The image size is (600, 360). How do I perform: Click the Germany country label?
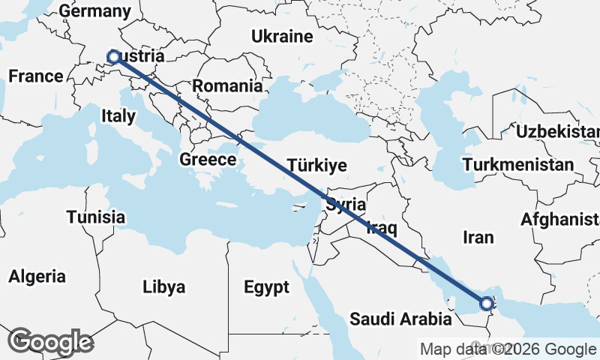94,11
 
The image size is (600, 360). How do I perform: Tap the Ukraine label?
281,36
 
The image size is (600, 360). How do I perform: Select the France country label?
35,76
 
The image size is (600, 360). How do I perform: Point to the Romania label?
228,85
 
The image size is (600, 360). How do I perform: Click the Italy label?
118,115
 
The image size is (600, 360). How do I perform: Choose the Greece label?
208,159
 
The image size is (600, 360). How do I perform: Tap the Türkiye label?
317,166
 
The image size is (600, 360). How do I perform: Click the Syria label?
345,204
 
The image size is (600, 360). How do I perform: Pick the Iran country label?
478,238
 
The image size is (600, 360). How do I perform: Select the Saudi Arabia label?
400,319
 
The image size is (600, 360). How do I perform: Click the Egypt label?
266,287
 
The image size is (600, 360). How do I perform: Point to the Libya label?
163,287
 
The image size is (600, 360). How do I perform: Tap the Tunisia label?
95,217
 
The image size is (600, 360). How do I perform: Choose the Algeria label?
37,276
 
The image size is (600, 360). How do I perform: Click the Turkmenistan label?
518,164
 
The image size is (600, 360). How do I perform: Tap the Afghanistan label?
560,219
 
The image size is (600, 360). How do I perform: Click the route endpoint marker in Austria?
113,56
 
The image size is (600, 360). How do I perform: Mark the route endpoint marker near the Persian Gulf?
487,304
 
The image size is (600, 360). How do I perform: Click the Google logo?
50,341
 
